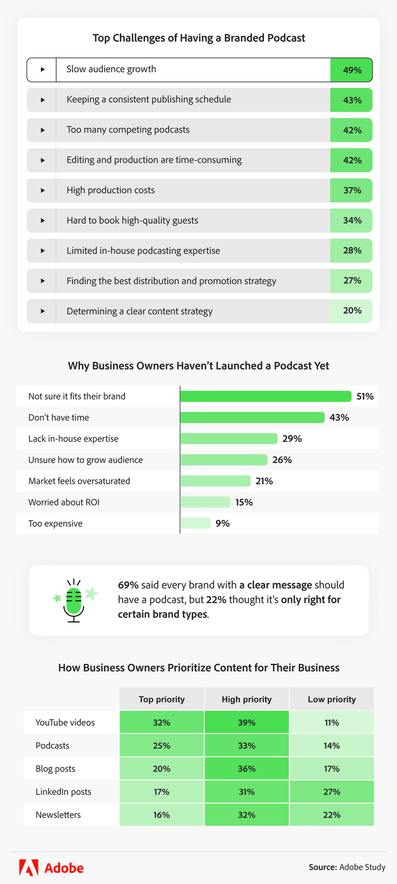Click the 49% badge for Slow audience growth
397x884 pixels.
pos(351,70)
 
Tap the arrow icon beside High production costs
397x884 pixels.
pos(42,191)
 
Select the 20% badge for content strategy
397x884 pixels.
pos(351,311)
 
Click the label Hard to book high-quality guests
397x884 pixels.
pos(132,221)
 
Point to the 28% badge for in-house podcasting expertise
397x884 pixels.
pos(351,251)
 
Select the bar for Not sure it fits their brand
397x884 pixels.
pos(265,396)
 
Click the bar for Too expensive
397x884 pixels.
pos(195,524)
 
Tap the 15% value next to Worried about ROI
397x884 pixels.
pos(244,502)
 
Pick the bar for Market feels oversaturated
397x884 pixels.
pos(215,481)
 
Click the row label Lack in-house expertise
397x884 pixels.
pos(74,439)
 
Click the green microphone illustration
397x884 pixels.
pos(74,601)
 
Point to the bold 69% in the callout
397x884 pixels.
pos(128,585)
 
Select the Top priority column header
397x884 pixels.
pos(161,699)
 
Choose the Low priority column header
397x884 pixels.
pos(332,699)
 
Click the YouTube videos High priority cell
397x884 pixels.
pos(247,723)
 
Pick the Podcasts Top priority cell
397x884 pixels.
pos(161,746)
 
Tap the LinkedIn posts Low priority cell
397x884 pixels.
pos(332,792)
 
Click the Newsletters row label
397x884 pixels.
pos(58,815)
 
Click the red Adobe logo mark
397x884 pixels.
pos(29,868)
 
